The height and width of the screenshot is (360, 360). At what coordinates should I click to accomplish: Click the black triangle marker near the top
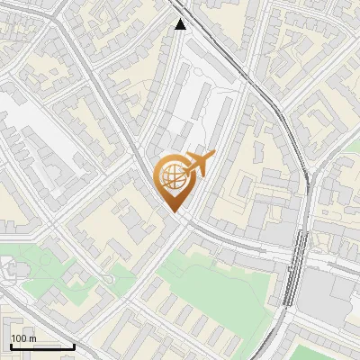click(x=181, y=24)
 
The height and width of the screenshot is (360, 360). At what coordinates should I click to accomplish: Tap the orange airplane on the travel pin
click(x=198, y=164)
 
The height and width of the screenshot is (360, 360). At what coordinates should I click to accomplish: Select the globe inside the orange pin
click(x=173, y=176)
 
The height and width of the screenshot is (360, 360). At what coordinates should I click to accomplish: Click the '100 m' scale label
click(x=23, y=338)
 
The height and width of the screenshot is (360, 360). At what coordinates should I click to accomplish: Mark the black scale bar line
click(x=41, y=346)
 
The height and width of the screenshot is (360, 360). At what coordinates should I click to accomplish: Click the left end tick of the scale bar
click(x=10, y=345)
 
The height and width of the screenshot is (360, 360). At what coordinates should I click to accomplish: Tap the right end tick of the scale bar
click(x=74, y=345)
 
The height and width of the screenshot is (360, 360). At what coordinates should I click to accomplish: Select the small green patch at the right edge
click(x=354, y=144)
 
